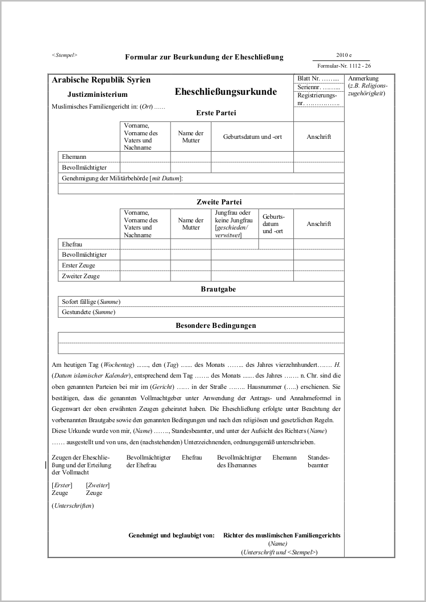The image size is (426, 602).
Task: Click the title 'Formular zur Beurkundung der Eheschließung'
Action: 204,57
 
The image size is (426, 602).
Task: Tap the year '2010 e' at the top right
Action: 344,55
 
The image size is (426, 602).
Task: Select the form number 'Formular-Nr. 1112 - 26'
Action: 344,66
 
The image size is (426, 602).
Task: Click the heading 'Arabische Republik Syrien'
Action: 101,80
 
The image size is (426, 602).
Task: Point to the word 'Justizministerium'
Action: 97,94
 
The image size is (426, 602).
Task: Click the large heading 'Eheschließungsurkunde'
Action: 226,92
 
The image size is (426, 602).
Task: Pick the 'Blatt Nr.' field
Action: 318,79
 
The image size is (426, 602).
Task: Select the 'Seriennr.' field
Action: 318,87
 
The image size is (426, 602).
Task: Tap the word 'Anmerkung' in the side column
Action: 363,78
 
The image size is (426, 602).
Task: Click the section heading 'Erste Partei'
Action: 216,113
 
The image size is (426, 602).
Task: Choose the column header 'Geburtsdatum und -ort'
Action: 252,137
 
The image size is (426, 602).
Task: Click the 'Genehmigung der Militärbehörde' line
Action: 122,178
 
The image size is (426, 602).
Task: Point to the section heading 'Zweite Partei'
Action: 219,202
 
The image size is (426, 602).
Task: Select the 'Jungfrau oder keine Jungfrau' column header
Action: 235,223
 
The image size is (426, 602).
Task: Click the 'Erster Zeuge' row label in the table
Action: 78,265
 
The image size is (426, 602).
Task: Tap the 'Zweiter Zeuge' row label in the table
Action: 81,276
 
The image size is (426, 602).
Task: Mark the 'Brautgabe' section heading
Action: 218,289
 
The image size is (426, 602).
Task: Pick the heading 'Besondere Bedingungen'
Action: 216,325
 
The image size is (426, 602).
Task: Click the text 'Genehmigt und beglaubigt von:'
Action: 171,535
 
